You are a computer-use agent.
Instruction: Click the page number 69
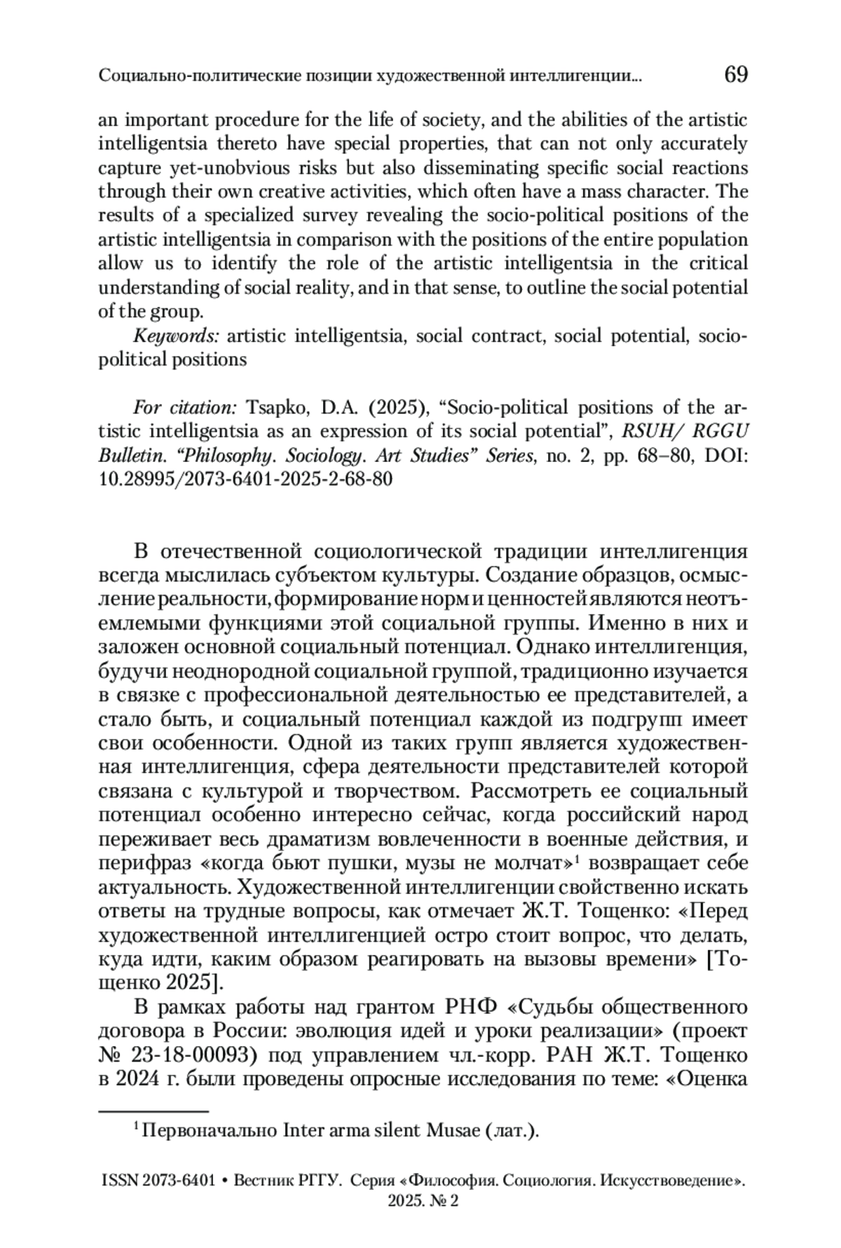pos(735,74)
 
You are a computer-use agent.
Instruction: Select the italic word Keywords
pos(177,337)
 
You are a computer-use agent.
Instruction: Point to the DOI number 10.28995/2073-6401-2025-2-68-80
pos(245,480)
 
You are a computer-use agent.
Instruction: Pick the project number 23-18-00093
pos(197,1055)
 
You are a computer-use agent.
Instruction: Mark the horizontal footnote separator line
pos(153,1111)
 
